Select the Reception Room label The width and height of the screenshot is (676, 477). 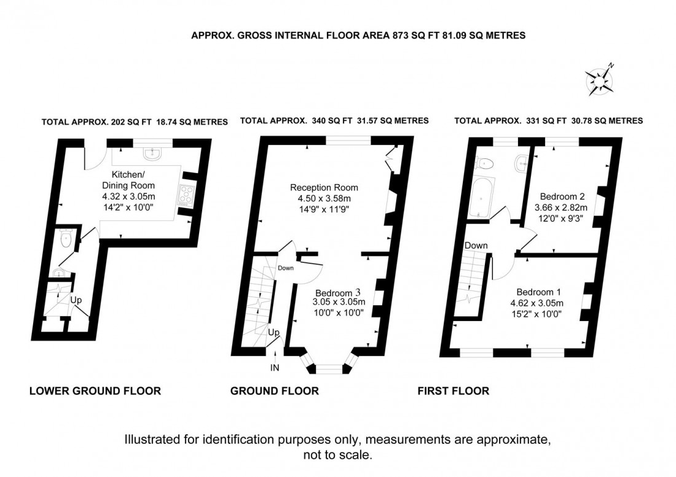tap(324, 187)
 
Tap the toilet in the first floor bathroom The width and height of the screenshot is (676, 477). tap(485, 163)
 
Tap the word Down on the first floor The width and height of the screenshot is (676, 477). tap(476, 246)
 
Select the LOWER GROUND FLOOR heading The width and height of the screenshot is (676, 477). tap(95, 391)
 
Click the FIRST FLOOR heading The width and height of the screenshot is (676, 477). tap(454, 391)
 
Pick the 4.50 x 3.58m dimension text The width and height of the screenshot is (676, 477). tap(324, 198)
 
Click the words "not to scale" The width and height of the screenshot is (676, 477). tap(337, 455)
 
